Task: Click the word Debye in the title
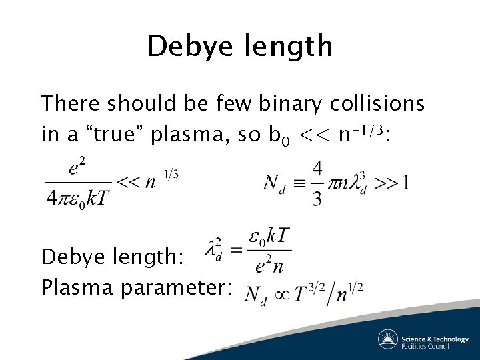click(189, 47)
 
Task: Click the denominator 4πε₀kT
click(78, 197)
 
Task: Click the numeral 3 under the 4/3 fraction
click(317, 197)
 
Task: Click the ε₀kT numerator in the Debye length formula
click(269, 239)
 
